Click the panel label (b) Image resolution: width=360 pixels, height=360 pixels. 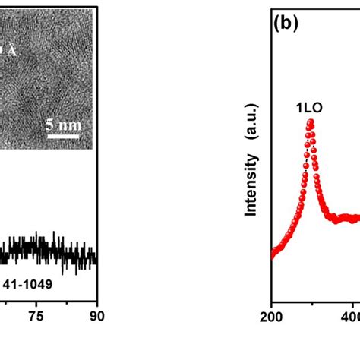click(x=287, y=24)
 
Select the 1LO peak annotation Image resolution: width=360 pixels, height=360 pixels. click(x=309, y=108)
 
